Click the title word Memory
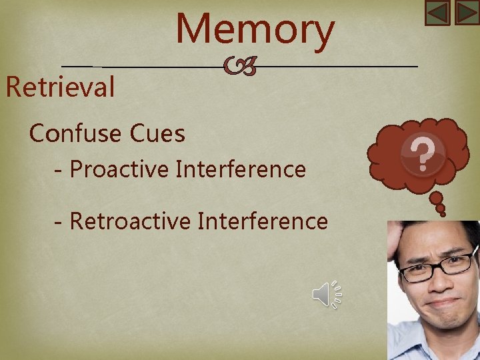255,31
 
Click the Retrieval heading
60,87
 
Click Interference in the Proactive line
241,169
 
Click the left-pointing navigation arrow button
438,13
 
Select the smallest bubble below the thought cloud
441,210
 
